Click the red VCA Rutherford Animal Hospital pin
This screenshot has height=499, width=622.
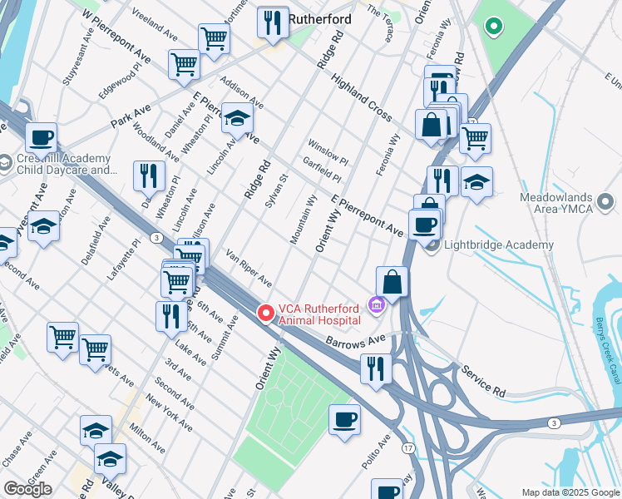[266, 313]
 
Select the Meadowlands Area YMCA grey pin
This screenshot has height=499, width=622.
[605, 201]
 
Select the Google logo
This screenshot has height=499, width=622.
[27, 488]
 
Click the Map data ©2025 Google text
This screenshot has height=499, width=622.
[570, 492]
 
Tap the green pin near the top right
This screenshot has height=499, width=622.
[493, 27]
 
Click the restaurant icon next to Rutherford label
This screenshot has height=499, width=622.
[273, 22]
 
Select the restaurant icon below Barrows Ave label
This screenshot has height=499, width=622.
[376, 367]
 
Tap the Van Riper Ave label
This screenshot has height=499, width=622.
[249, 268]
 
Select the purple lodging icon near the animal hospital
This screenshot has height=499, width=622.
[375, 305]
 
